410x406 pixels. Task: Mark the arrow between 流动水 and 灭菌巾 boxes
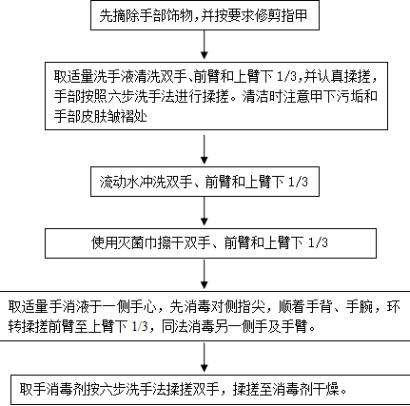click(x=205, y=211)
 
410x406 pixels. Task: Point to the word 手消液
click(x=74, y=307)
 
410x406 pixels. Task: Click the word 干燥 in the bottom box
click(x=332, y=389)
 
